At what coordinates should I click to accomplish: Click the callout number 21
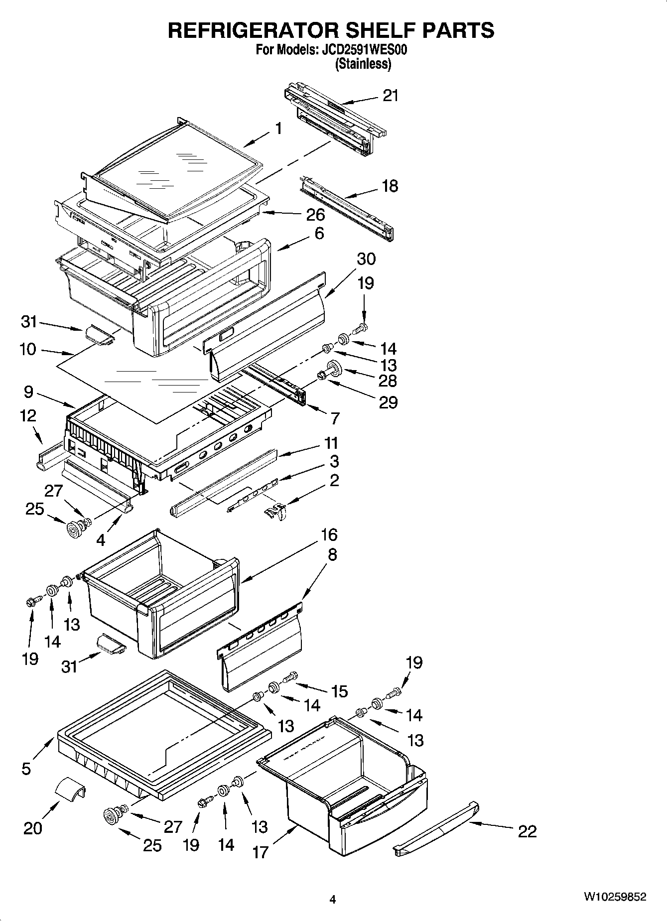point(391,95)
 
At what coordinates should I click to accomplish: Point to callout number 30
point(366,259)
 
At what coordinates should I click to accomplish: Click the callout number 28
point(388,381)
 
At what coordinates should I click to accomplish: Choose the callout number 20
point(33,828)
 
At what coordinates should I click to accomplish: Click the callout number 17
point(260,852)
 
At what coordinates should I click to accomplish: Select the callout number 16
point(329,534)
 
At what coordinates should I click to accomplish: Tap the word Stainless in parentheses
point(363,64)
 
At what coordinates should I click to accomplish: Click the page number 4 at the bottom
point(333,899)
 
